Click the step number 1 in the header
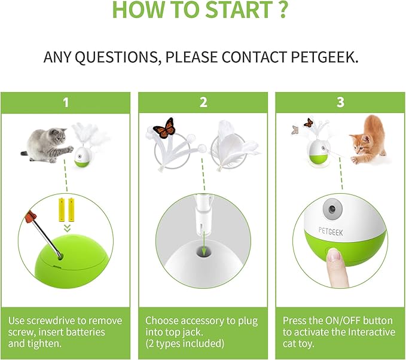pyautogui.click(x=66, y=103)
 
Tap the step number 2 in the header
pyautogui.click(x=203, y=103)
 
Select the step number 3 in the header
pyautogui.click(x=340, y=103)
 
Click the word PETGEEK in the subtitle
pyautogui.click(x=325, y=57)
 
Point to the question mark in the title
pyautogui.click(x=283, y=10)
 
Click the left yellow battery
pyautogui.click(x=62, y=210)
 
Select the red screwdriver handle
pyautogui.click(x=31, y=216)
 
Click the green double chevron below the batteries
pyautogui.click(x=68, y=228)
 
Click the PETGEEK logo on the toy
pyautogui.click(x=331, y=231)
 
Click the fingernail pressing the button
pyautogui.click(x=333, y=255)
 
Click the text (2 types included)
pyautogui.click(x=185, y=344)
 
